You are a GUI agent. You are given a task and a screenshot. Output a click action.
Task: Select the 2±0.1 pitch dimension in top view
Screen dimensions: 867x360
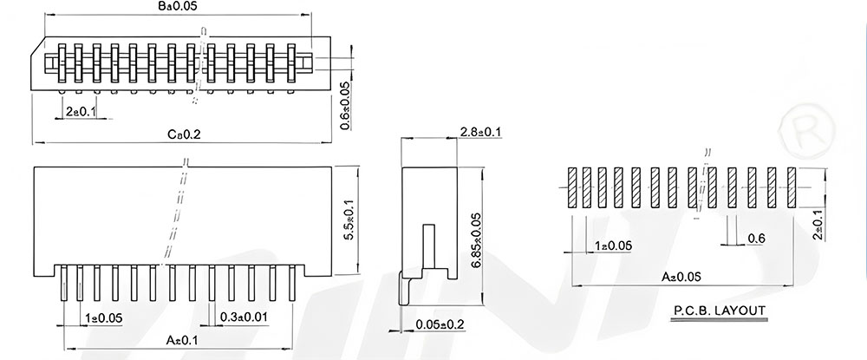click(81, 112)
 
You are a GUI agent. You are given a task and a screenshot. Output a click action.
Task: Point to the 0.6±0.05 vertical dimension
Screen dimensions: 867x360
click(345, 106)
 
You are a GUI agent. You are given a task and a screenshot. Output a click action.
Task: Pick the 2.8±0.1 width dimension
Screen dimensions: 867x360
click(480, 132)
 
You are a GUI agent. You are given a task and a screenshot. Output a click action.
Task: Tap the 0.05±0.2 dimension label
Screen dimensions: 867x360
click(440, 324)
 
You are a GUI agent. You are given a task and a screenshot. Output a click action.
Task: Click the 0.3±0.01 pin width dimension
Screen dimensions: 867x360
click(244, 317)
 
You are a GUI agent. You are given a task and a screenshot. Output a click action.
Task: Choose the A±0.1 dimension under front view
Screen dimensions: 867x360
click(182, 341)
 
